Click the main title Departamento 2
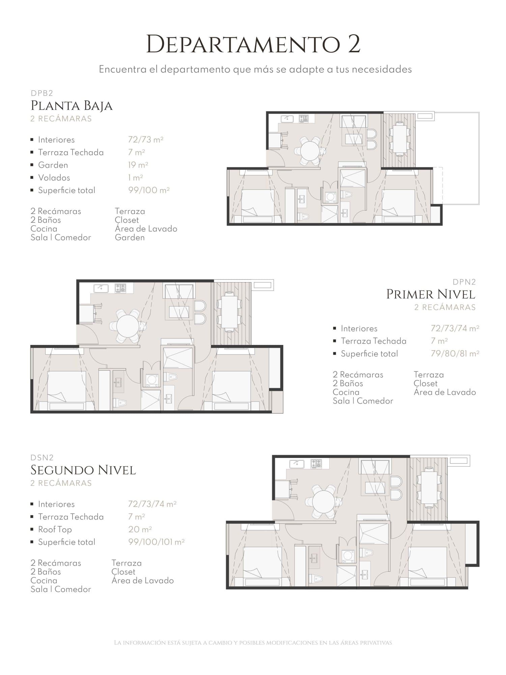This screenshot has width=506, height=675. pos(253,44)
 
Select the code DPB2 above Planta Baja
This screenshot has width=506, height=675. pos(42,93)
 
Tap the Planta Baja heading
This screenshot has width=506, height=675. pos(72,106)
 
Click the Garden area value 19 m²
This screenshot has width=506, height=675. pos(138,165)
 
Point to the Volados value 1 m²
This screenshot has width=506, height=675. pos(136,178)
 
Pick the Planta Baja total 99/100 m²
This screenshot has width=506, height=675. pos(149,190)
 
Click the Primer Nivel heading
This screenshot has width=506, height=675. pos(431,294)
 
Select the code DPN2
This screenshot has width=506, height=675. pos(464,282)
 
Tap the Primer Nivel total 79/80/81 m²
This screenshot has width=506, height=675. pos(455,354)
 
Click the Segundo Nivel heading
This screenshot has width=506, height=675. pos(83,470)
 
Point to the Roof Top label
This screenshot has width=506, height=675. pos(55,530)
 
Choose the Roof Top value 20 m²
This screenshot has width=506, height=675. pos(140,529)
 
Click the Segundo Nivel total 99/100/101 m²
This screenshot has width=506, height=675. pos(157,542)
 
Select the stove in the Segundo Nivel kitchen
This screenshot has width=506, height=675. pos(316,463)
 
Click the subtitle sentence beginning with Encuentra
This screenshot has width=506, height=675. pos(255,70)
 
